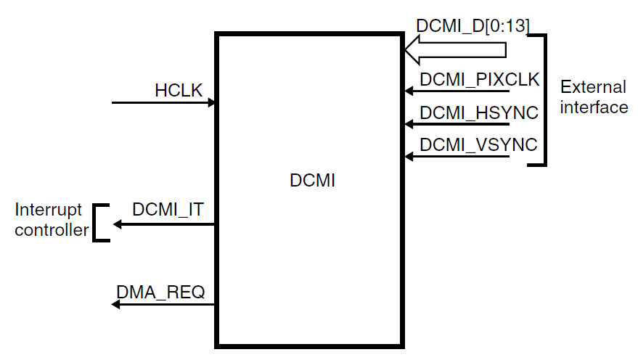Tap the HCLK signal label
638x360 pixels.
click(178, 91)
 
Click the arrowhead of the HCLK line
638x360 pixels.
click(212, 103)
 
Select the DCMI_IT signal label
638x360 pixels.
click(168, 210)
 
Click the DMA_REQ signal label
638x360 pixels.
click(160, 292)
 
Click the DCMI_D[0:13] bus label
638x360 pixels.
click(473, 26)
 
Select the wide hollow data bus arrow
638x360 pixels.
click(454, 50)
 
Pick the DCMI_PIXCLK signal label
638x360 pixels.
click(480, 80)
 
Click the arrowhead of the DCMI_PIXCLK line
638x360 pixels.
click(409, 91)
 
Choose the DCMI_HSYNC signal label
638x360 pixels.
click(479, 112)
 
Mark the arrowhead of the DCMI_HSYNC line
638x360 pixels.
click(409, 124)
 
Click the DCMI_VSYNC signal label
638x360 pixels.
click(478, 145)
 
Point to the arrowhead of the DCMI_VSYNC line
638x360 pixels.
click(409, 156)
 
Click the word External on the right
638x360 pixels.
click(593, 88)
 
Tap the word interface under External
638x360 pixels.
click(593, 107)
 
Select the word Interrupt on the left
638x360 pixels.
click(49, 210)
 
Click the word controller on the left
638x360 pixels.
click(52, 231)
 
